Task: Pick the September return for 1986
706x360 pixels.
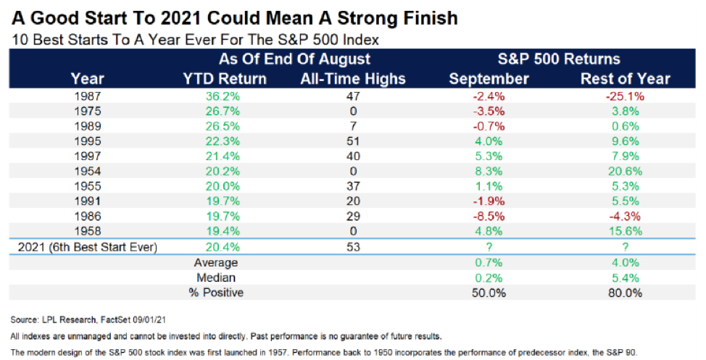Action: click(x=489, y=217)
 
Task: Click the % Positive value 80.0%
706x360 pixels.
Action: click(x=620, y=293)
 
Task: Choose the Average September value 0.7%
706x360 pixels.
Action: click(x=489, y=263)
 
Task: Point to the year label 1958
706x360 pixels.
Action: click(x=88, y=232)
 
